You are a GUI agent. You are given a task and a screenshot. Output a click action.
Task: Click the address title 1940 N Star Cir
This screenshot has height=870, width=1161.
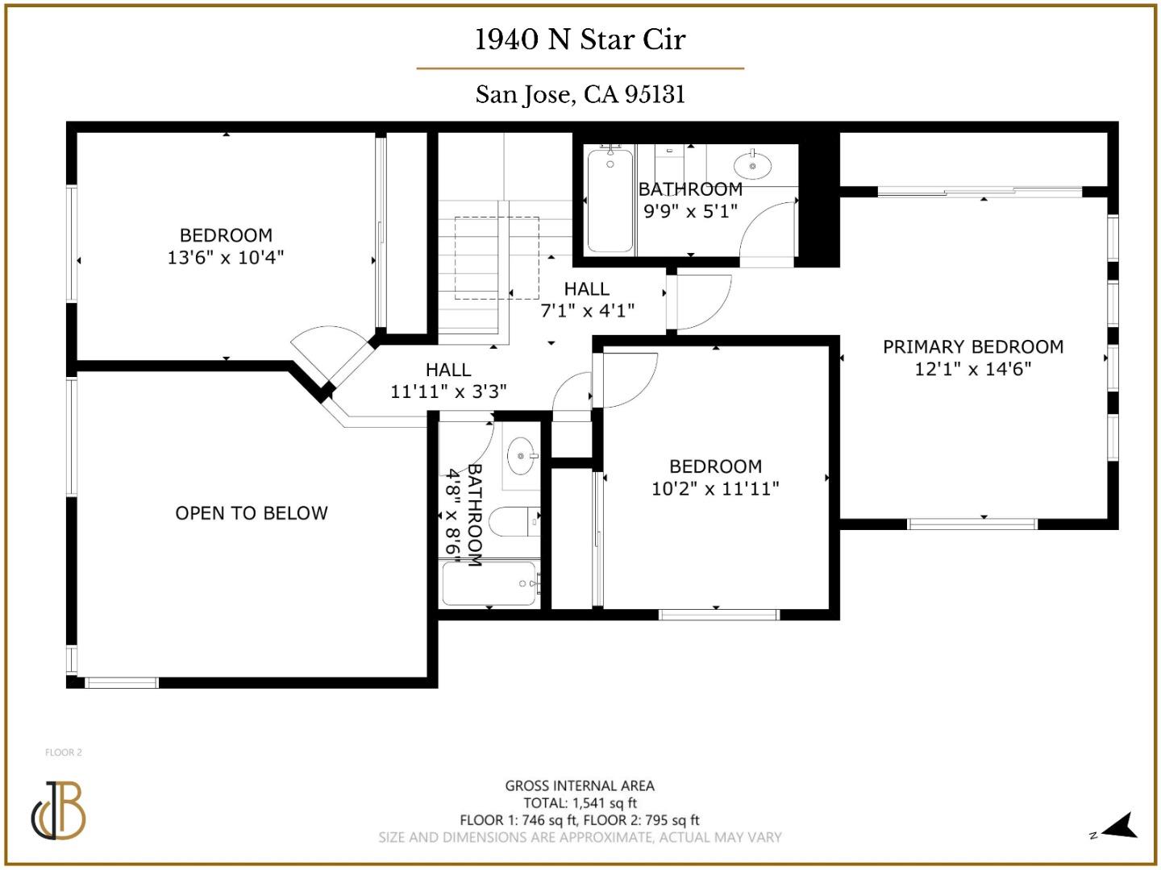[x=580, y=39]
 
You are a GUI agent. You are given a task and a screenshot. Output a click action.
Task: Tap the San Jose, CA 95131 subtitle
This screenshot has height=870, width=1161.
[x=580, y=95]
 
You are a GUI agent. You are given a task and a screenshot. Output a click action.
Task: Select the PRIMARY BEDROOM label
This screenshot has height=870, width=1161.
[x=972, y=347]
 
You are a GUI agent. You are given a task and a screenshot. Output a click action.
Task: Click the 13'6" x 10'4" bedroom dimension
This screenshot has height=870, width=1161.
[x=226, y=258]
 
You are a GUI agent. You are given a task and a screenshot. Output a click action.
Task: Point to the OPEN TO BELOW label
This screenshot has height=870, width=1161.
[x=252, y=513]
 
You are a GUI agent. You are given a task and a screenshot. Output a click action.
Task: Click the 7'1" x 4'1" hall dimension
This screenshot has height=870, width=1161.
[x=587, y=310]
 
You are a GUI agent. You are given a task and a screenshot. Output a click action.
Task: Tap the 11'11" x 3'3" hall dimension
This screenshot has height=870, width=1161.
[x=448, y=391]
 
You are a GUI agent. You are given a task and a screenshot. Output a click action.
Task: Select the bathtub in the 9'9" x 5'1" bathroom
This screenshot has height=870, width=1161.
[x=610, y=201]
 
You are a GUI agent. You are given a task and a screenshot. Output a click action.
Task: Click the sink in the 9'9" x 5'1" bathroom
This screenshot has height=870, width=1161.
[x=752, y=165]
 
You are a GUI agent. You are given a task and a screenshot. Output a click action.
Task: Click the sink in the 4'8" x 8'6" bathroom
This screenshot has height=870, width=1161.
[x=521, y=457]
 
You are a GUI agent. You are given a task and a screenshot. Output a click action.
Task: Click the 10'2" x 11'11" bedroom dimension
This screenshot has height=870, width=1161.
[x=715, y=488]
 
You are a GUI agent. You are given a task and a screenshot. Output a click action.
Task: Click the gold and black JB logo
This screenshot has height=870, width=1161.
[x=59, y=810]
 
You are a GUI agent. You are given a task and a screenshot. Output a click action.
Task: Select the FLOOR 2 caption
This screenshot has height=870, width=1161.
[x=64, y=752]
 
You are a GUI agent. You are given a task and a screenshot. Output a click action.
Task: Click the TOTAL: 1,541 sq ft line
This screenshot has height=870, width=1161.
[x=580, y=803]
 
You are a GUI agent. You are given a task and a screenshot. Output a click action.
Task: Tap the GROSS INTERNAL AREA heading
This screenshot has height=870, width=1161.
[x=580, y=785]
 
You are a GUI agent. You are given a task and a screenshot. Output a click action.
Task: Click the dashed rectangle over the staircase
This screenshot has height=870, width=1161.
[x=496, y=258]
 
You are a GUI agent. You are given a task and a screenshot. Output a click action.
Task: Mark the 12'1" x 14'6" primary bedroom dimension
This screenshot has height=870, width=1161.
[x=972, y=369]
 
